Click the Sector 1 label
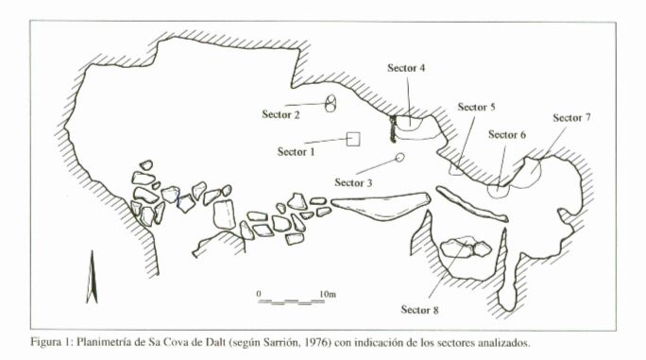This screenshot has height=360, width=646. point(296,152)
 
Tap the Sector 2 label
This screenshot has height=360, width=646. point(280,114)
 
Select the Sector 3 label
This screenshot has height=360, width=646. point(353,182)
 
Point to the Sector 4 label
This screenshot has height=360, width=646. point(406,68)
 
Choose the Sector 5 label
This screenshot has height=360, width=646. point(476,107)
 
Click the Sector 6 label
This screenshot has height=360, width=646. point(507,134)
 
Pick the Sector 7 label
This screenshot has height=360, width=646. point(571,117)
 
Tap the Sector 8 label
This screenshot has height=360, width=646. point(420,309)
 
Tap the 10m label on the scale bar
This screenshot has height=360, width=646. point(328,294)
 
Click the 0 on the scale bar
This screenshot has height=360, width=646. point(259,294)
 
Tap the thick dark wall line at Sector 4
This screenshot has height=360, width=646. point(393,129)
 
